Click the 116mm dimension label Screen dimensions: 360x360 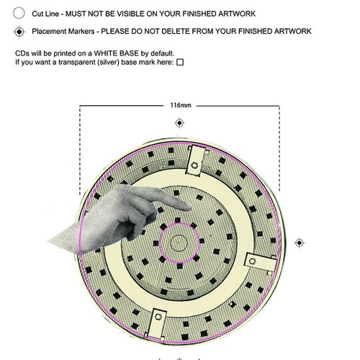tap(181, 105)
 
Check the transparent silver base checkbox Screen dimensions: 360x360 tap(180, 62)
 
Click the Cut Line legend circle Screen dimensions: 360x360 tap(19, 13)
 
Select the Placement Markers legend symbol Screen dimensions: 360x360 tap(19, 32)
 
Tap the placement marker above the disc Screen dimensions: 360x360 tap(179, 123)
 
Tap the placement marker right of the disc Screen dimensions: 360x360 tap(300, 243)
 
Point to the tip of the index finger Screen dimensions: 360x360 tap(191, 207)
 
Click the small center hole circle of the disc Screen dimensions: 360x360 tap(179, 243)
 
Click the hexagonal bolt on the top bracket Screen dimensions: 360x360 tap(194, 165)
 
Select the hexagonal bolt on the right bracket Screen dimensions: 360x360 tap(252, 261)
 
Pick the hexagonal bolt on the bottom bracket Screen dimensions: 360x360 tap(158, 317)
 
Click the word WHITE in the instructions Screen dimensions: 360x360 tap(106, 53)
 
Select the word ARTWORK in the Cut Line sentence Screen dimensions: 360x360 tap(237, 14)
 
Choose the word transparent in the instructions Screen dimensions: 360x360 tap(77, 62)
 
